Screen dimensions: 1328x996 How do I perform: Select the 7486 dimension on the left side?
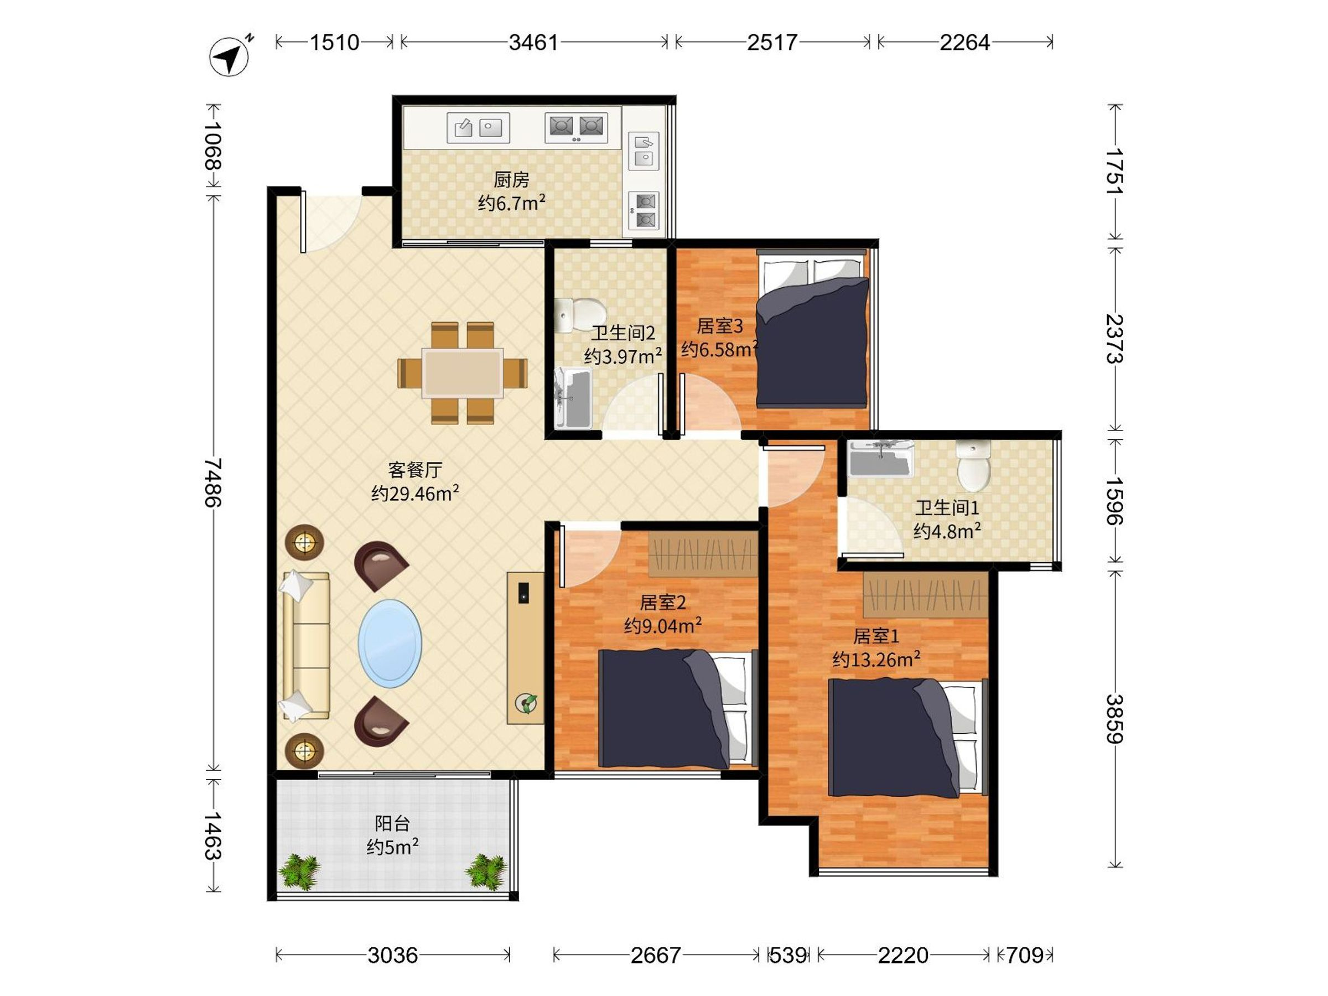[212, 483]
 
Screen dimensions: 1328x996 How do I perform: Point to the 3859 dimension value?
[1114, 719]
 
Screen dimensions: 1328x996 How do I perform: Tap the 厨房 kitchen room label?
[511, 179]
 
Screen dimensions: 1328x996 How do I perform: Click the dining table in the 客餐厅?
[462, 373]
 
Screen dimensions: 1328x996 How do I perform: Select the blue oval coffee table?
[390, 644]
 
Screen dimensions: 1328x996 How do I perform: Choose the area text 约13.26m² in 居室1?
[876, 660]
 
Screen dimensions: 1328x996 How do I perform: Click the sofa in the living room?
[306, 646]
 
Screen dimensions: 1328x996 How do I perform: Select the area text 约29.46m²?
[416, 493]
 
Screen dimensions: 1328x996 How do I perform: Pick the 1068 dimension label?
[212, 147]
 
